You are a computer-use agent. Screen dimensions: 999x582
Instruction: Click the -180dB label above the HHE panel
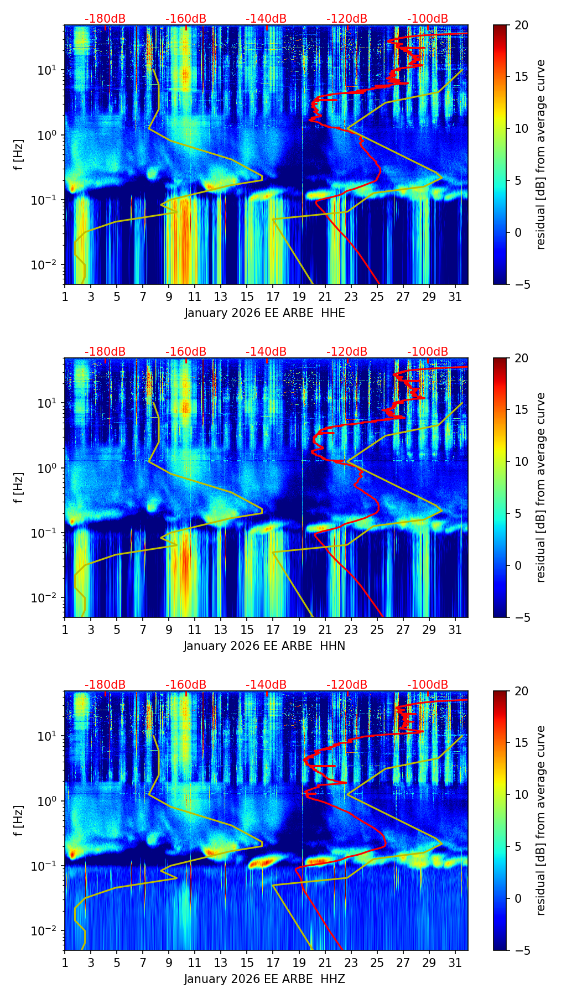pos(105,19)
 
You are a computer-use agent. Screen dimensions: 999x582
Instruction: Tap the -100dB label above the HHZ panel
pos(428,685)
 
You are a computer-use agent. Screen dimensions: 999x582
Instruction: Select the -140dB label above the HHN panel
pos(266,352)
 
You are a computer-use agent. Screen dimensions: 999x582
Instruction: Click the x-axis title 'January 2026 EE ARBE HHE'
pos(264,313)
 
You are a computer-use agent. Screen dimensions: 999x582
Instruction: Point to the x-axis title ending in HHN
pos(264,646)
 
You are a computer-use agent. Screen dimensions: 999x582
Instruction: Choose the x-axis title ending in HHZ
pos(264,979)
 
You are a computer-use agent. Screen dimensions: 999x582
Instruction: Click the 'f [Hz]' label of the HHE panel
pos(19,155)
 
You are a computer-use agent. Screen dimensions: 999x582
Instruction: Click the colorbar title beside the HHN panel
pos(541,487)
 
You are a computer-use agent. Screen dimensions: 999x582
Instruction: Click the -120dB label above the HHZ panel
pos(347,685)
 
